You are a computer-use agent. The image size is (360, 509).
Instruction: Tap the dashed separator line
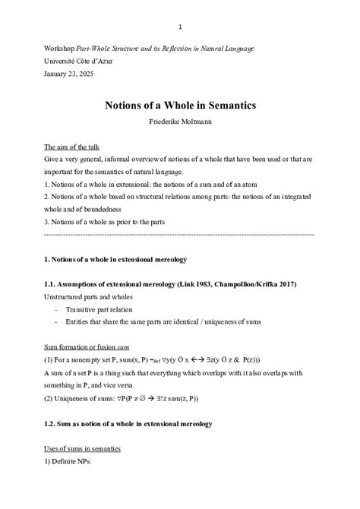(x=179, y=236)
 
